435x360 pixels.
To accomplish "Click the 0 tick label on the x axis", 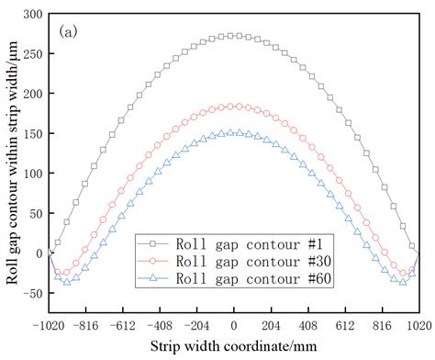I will click(234, 325).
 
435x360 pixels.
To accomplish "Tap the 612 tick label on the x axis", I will click(346, 325).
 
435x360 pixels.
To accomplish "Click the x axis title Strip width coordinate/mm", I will click(234, 345).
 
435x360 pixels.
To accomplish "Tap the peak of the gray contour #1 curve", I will click(234, 36).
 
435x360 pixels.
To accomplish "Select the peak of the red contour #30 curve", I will click(234, 107).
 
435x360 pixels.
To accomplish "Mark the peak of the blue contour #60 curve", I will click(234, 132).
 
